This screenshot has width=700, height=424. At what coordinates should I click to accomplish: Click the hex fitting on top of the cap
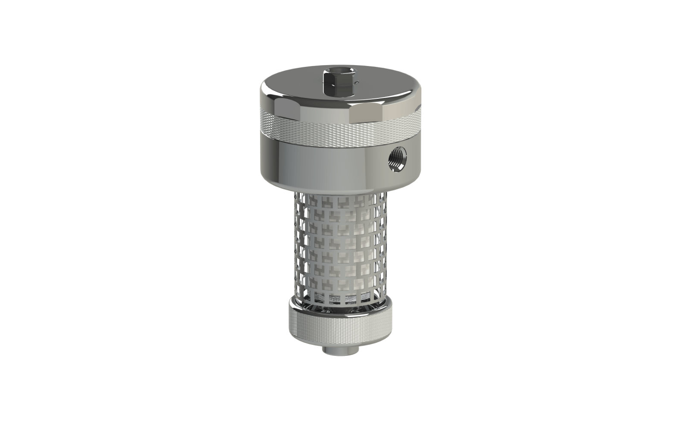tap(333, 85)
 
